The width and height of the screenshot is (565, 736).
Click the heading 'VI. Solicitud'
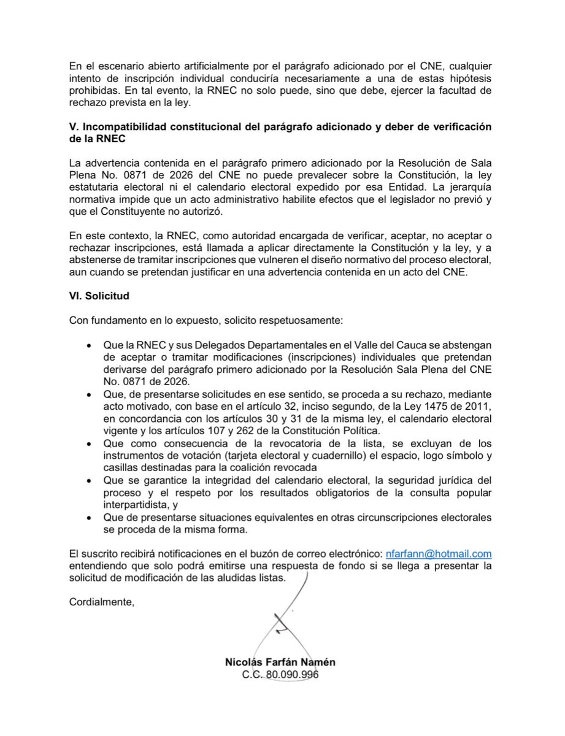98,295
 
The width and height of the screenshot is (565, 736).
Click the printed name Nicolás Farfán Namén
280,663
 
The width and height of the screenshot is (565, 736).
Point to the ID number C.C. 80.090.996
280,675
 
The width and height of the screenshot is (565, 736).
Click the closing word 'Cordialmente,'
101,602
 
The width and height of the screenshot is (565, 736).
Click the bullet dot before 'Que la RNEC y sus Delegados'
92,345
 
